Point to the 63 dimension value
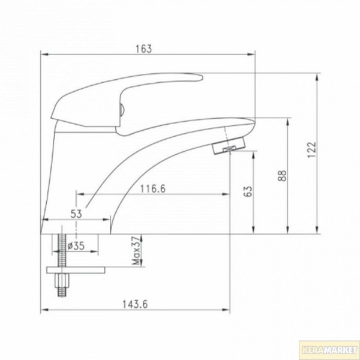pyautogui.click(x=248, y=191)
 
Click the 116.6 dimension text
pyautogui.click(x=153, y=188)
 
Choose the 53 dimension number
pyautogui.click(x=77, y=212)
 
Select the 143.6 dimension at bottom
pyautogui.click(x=136, y=304)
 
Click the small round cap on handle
pyautogui.click(x=122, y=109)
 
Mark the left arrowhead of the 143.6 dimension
pyautogui.click(x=44, y=310)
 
